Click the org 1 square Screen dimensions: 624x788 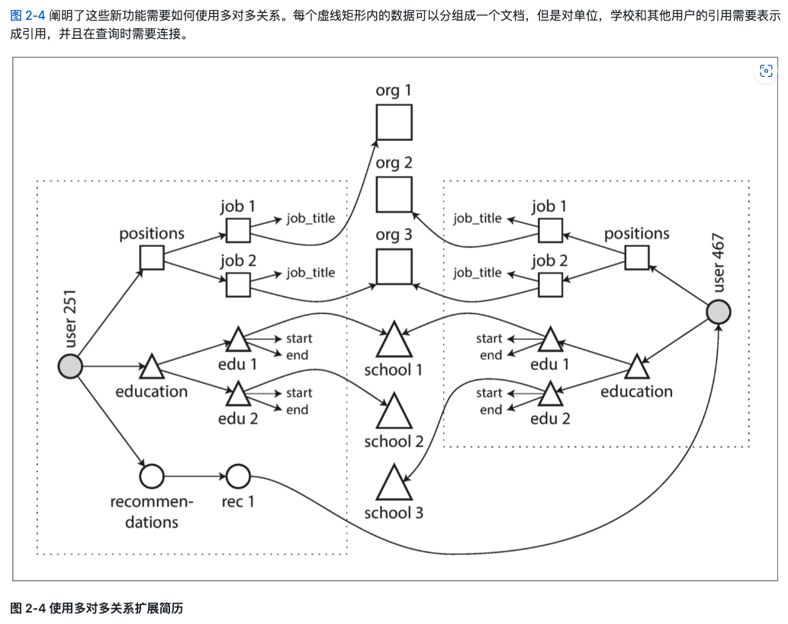[x=394, y=122]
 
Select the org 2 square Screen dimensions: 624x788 [x=394, y=194]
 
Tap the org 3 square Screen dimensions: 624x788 [x=394, y=267]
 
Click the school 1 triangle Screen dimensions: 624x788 [x=394, y=341]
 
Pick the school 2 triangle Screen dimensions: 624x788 [x=394, y=414]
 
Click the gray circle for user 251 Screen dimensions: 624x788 [x=70, y=366]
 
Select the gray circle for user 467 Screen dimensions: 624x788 [x=718, y=312]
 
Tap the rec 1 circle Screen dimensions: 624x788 [x=238, y=477]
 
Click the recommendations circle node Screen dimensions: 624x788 [x=152, y=477]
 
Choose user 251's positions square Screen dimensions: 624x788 [x=152, y=258]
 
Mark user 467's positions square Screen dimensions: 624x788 [x=636, y=258]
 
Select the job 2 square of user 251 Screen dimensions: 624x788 [x=238, y=285]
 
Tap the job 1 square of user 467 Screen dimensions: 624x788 [x=550, y=230]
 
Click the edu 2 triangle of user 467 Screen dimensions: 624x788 [x=550, y=395]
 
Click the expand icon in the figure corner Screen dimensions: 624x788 [x=766, y=72]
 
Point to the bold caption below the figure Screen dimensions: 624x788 [x=97, y=608]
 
